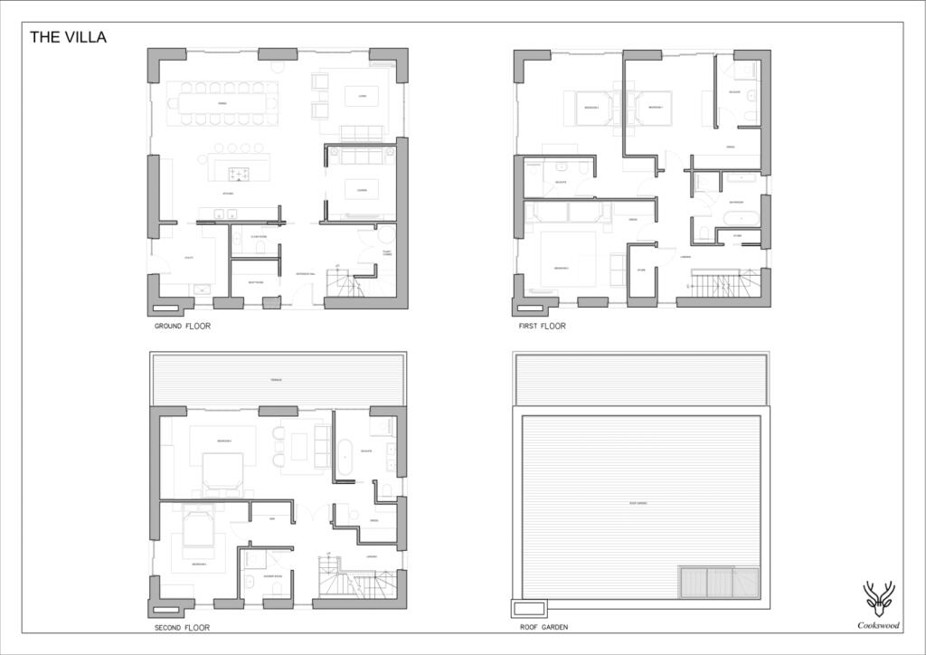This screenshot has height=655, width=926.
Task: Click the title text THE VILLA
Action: (68, 37)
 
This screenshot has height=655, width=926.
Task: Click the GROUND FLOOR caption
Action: (183, 326)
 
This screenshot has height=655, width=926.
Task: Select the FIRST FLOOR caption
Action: (543, 326)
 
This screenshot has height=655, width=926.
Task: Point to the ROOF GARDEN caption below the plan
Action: (544, 627)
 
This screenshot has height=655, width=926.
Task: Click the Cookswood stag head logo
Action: (878, 598)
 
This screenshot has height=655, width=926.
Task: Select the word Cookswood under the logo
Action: (878, 624)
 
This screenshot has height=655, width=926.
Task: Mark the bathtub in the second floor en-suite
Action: (344, 456)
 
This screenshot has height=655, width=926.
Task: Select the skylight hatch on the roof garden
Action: (719, 582)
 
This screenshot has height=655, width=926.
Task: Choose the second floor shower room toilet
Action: (249, 583)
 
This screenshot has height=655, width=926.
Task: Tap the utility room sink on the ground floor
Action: (202, 290)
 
